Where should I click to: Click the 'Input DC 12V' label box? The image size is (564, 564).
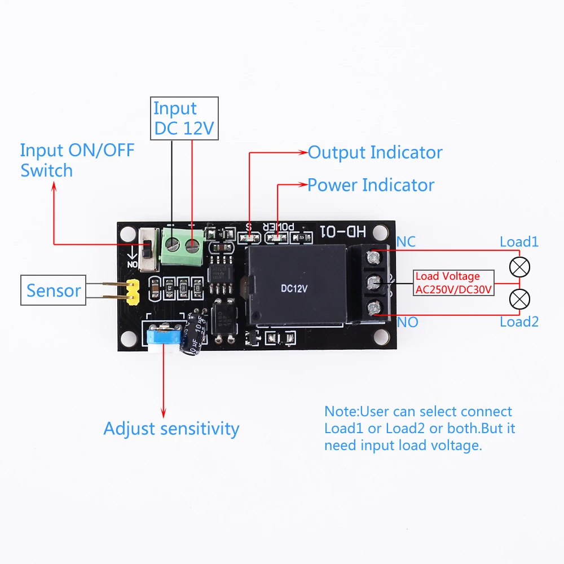pyautogui.click(x=184, y=118)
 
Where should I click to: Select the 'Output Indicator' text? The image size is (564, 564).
pyautogui.click(x=375, y=152)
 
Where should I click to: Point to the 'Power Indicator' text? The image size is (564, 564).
pyautogui.click(x=371, y=185)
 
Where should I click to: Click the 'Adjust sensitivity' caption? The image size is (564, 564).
pyautogui.click(x=171, y=429)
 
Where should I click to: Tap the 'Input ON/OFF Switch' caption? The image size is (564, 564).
pyautogui.click(x=77, y=160)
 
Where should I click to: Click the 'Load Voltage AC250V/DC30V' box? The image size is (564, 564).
pyautogui.click(x=453, y=283)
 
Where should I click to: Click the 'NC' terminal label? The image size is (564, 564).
pyautogui.click(x=406, y=242)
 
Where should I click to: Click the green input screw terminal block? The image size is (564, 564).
pyautogui.click(x=183, y=246)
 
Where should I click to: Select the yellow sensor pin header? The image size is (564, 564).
pyautogui.click(x=133, y=291)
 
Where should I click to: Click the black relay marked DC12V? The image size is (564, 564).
pyautogui.click(x=296, y=287)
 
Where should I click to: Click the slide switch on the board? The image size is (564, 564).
pyautogui.click(x=149, y=249)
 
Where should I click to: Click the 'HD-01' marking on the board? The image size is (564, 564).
pyautogui.click(x=343, y=231)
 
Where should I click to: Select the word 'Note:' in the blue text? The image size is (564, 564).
pyautogui.click(x=341, y=412)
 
